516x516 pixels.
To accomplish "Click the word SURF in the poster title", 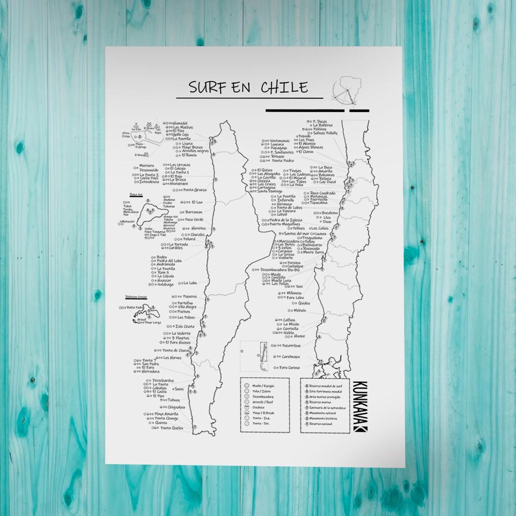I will pos(206,87).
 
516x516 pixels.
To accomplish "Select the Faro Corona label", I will pos(290,367).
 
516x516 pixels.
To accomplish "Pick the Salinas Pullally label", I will pos(325,133).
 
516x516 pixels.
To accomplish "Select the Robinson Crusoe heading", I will pos(136,297).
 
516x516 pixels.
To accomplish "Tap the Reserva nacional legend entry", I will pos(320,424).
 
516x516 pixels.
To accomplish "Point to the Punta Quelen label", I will pos(172,428).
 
